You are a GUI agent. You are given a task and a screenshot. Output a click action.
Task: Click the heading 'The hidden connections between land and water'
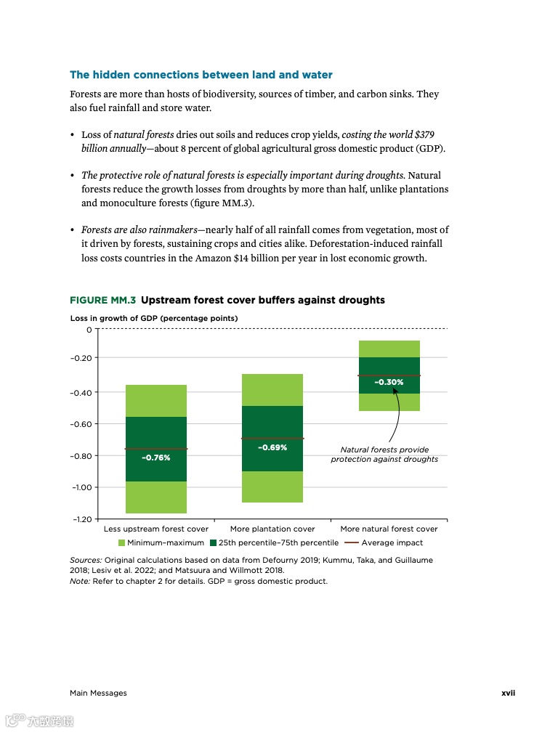click(201, 75)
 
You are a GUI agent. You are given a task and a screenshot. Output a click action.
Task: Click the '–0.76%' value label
click(155, 457)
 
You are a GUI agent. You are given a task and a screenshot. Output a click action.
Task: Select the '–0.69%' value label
click(272, 447)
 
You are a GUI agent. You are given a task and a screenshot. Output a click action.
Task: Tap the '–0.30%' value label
click(389, 382)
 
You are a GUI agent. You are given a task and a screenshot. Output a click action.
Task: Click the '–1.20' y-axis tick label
click(81, 519)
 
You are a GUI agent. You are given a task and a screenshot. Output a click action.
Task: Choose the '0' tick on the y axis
click(89, 330)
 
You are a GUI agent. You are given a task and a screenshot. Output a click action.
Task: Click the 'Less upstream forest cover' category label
click(156, 529)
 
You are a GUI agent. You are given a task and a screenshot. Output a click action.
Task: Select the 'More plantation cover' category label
click(272, 529)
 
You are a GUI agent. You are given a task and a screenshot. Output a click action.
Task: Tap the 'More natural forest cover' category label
click(389, 529)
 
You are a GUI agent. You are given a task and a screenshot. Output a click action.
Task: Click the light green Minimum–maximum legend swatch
click(122, 542)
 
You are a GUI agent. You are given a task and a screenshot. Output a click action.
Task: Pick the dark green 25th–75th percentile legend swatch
click(214, 542)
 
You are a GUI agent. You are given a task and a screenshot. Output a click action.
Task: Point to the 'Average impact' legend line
click(351, 542)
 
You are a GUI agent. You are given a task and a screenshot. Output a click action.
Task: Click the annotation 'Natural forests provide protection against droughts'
click(384, 455)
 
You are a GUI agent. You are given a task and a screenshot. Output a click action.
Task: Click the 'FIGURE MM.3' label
click(102, 300)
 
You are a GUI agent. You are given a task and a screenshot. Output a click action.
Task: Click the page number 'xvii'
click(508, 693)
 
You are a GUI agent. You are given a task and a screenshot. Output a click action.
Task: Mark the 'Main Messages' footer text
click(98, 693)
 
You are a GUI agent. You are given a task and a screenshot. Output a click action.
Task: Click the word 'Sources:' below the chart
click(86, 561)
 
